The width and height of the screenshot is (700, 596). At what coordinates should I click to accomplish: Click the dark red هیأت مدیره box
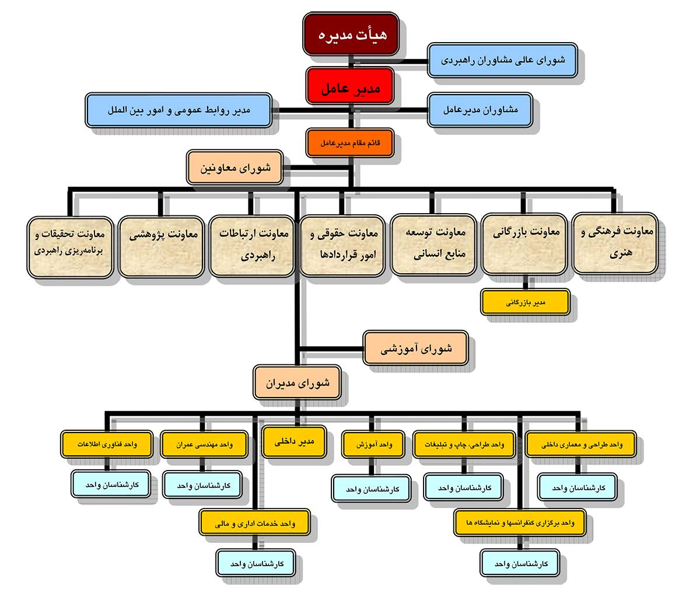point(351,34)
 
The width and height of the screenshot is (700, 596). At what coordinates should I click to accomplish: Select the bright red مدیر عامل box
point(350,86)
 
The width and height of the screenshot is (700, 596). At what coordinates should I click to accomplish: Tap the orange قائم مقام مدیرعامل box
point(350,142)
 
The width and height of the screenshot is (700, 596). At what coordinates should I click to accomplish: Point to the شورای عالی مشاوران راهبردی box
point(503,60)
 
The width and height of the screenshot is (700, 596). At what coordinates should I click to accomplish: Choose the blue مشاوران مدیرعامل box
point(480,110)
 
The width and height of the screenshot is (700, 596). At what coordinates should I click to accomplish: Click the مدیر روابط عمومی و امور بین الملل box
point(179,110)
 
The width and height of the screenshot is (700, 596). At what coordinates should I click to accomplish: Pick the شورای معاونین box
point(235,168)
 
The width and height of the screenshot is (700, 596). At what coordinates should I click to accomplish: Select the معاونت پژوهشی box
point(161,247)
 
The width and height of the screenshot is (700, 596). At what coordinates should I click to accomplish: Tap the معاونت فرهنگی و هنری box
point(615,243)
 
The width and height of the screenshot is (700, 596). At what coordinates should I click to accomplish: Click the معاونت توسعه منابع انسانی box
point(433,245)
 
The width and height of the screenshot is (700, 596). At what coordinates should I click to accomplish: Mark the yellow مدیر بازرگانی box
point(525,302)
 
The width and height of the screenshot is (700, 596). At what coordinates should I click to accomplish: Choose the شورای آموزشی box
point(415,348)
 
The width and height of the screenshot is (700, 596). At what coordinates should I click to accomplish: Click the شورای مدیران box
point(297,382)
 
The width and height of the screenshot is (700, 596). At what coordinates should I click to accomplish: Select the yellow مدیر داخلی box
point(294,442)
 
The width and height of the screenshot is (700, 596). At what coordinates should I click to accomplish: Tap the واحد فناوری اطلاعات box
point(107,444)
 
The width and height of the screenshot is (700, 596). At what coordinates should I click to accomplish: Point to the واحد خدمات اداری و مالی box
point(255,523)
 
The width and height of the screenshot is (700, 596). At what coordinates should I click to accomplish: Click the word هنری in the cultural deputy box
point(621,253)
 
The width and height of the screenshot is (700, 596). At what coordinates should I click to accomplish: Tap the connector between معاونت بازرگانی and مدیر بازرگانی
point(525,282)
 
